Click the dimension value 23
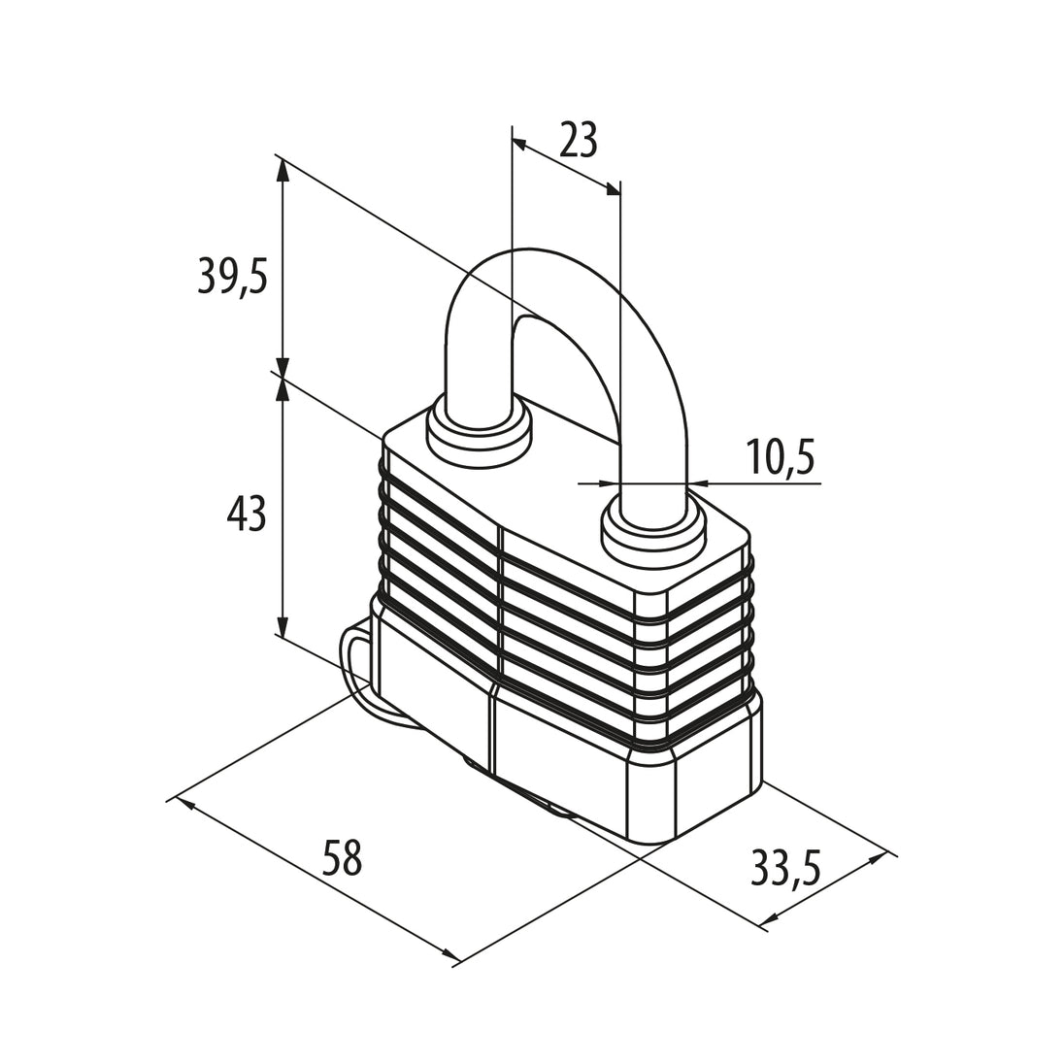click(578, 140)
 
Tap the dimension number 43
click(247, 513)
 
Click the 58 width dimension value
click(342, 857)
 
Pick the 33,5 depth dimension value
click(785, 869)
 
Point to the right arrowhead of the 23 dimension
click(613, 189)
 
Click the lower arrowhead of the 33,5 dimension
click(768, 919)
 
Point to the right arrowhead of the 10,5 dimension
click(698, 483)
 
